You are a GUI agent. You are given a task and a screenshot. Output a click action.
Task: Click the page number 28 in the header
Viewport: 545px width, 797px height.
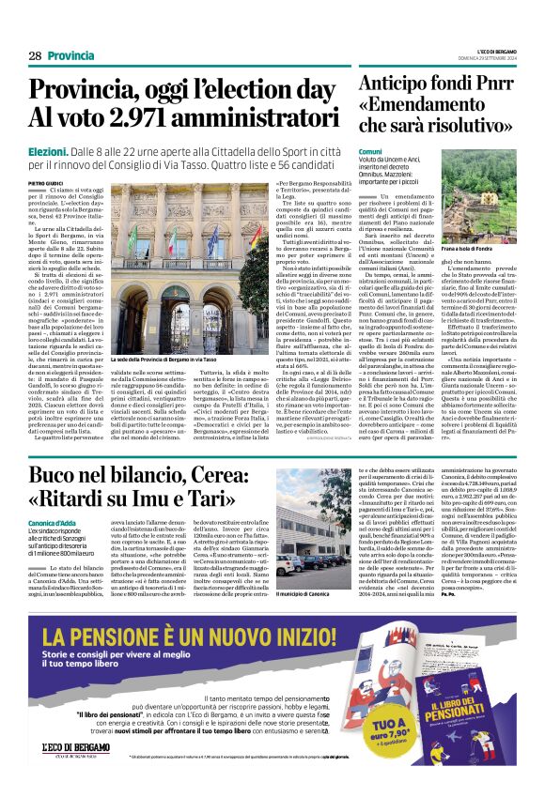click(x=35, y=56)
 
